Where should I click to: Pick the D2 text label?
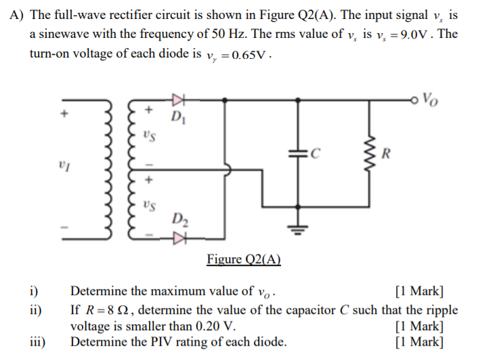tap(180, 219)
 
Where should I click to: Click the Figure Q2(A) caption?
tap(244, 259)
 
